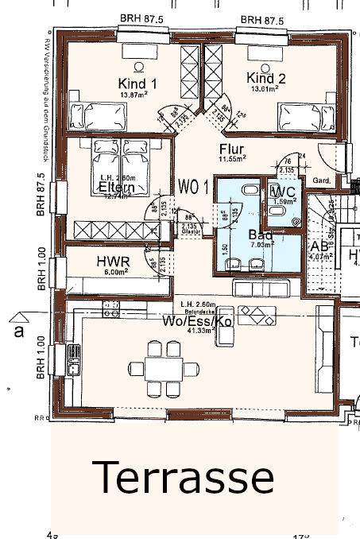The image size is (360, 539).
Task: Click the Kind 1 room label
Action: click(137, 83)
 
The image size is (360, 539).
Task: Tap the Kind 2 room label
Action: click(265, 78)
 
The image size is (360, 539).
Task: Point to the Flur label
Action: click(231, 149)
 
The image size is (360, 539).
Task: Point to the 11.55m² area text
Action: click(231, 159)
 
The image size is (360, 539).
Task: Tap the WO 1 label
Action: click(193, 188)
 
